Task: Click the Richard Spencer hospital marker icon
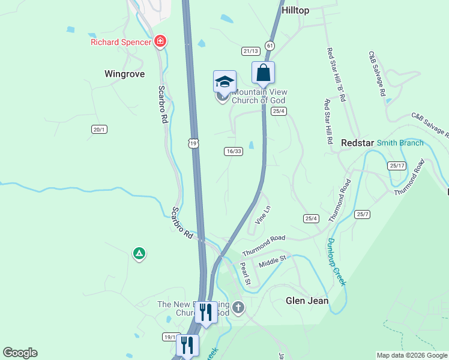tap(160, 41)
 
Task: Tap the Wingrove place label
tap(124, 74)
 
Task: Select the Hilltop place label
tap(295, 11)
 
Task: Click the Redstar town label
tap(357, 143)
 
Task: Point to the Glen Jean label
tap(307, 301)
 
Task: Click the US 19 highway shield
tap(193, 143)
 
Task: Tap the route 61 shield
tap(270, 46)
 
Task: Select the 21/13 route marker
tap(250, 51)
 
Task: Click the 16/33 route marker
tap(234, 151)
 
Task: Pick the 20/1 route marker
tap(99, 129)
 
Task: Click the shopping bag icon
tap(263, 73)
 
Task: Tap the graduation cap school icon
tap(224, 81)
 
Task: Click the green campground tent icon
tap(139, 254)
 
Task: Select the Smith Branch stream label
tap(400, 143)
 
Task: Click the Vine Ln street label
tap(263, 215)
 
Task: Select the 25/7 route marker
tap(362, 214)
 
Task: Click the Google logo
tap(20, 353)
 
